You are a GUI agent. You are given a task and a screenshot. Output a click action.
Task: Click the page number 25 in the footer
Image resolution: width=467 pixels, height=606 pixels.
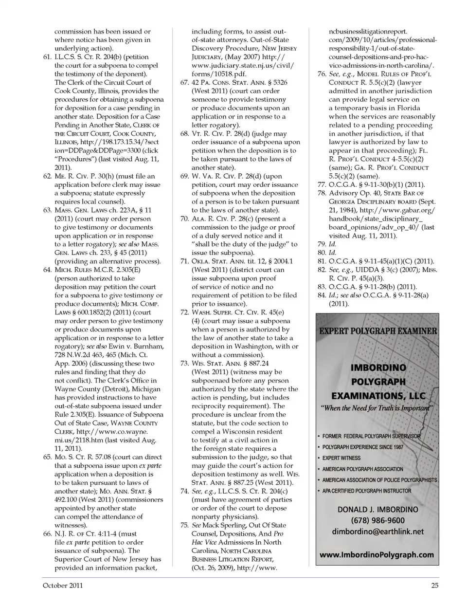(x=434, y=586)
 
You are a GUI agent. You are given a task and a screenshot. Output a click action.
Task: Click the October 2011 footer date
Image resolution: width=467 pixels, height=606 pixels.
(x=55, y=586)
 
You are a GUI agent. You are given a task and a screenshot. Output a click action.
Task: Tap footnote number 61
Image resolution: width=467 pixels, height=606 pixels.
(x=47, y=57)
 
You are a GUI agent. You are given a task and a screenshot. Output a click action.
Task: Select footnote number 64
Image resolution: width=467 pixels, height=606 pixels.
(x=47, y=270)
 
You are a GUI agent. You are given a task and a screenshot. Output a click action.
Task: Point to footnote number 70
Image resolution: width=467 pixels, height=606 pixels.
(x=184, y=219)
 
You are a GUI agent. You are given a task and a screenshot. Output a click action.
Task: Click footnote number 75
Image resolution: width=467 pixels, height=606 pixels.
(x=184, y=525)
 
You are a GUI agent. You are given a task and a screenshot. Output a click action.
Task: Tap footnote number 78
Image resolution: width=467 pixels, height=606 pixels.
(x=322, y=193)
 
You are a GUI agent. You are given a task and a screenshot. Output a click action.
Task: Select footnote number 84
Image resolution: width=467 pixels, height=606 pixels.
(x=322, y=295)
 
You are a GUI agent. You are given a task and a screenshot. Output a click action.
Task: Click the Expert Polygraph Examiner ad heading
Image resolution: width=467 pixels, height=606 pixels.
(x=378, y=331)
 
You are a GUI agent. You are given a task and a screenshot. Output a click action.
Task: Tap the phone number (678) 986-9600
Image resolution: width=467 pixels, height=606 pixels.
(x=377, y=520)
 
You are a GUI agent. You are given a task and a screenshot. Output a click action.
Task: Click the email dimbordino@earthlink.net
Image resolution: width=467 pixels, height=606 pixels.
(x=377, y=532)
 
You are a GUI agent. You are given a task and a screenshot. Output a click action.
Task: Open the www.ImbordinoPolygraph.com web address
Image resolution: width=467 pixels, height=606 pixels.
(x=377, y=554)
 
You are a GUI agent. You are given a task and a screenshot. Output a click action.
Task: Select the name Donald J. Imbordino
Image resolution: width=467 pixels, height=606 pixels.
(x=377, y=509)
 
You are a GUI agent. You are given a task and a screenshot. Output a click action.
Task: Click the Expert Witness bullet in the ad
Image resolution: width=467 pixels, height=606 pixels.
(x=341, y=458)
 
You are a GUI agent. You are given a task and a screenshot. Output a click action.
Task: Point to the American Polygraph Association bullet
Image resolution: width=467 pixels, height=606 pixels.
(x=362, y=469)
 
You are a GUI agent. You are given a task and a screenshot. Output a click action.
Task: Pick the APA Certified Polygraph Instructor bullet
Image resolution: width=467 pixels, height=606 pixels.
(x=366, y=491)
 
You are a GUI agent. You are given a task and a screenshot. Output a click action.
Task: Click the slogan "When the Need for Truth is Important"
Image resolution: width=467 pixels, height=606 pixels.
(x=377, y=408)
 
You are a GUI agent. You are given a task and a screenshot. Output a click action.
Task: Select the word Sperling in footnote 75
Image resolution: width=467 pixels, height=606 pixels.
(x=231, y=525)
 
